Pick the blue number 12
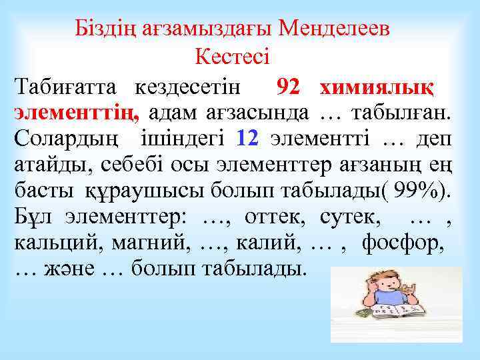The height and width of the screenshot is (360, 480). (x=247, y=139)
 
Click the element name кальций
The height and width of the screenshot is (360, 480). (x=55, y=242)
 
